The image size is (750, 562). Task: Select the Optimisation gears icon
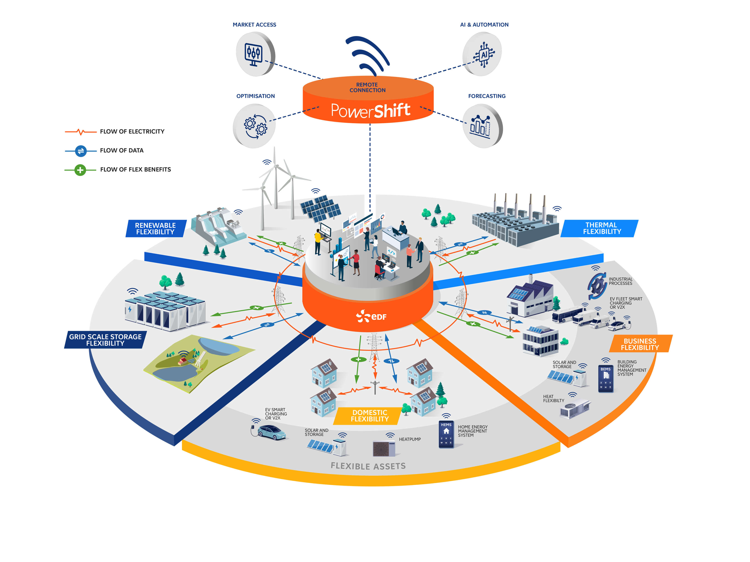255,126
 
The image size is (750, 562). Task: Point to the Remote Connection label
367,87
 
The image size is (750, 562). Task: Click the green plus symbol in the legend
80,170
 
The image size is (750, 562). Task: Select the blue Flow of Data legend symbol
81,151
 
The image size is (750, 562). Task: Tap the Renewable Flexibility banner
156,228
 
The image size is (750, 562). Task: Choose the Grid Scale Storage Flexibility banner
105,340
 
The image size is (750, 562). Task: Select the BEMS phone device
605,378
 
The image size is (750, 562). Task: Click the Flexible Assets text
368,466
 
